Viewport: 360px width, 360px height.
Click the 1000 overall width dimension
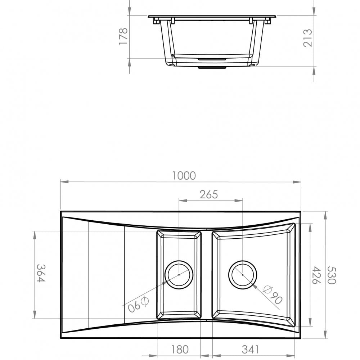184,176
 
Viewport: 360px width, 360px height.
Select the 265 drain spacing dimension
209,194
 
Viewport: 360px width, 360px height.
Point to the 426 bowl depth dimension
315,275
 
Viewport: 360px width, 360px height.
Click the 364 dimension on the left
41,273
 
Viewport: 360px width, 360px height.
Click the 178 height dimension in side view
123,36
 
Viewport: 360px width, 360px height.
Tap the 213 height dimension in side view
308,38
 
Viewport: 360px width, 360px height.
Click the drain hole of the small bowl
179,275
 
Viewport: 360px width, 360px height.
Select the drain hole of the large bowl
243,275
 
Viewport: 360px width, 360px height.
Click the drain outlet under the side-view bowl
212,67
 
